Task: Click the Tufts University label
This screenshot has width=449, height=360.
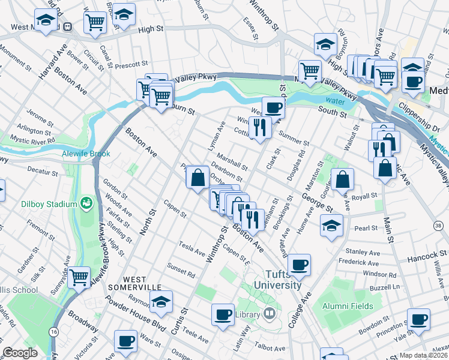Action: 277,280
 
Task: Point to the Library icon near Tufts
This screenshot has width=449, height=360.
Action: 270,313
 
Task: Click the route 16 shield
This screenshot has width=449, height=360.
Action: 54,331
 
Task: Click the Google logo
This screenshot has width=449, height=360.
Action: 20,353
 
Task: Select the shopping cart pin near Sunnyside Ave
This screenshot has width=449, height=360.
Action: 79,277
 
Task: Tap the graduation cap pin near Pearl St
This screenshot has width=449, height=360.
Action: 330,226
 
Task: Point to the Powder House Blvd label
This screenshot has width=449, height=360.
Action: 127,311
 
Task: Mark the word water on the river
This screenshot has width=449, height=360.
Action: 336,100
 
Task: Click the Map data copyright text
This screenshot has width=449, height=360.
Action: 424,355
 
